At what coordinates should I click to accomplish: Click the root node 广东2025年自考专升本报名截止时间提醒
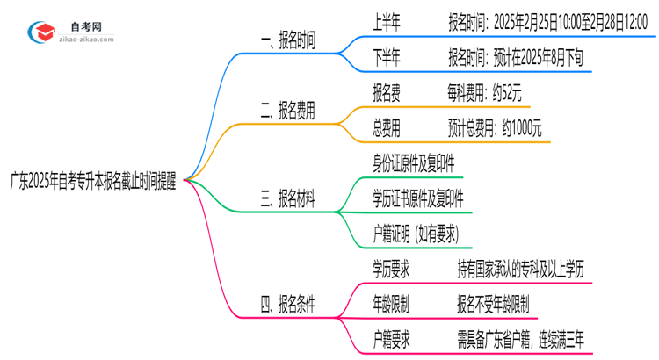(92, 180)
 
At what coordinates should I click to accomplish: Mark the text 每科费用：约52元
(489, 91)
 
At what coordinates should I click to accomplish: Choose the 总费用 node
(387, 128)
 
